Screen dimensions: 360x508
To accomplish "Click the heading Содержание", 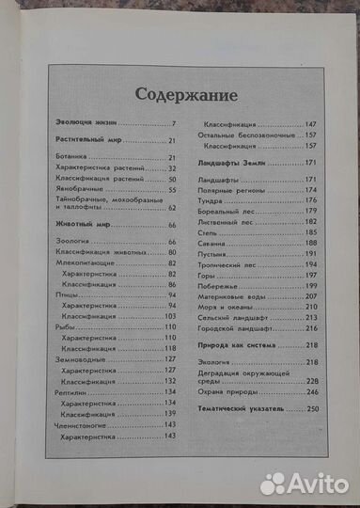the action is coord(179,93).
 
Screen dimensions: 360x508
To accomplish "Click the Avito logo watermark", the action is coord(303,483).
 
